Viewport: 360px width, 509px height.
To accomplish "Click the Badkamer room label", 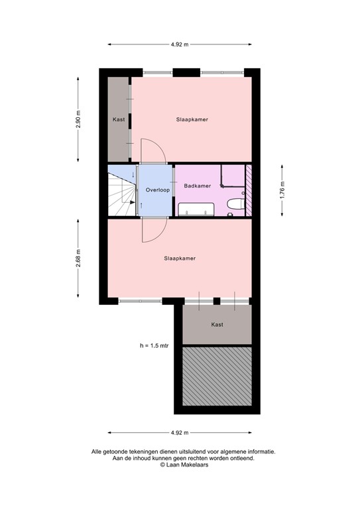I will click(x=198, y=186).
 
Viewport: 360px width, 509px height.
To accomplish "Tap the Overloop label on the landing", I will click(x=158, y=190).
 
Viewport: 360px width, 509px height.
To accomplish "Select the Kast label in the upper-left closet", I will click(x=119, y=120).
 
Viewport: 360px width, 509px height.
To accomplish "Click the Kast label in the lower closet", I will click(x=217, y=325).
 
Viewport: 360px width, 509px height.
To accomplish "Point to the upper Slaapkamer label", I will click(x=192, y=120).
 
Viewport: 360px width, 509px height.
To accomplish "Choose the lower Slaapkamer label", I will click(x=180, y=258).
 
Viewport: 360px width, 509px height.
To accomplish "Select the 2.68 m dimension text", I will click(x=78, y=256).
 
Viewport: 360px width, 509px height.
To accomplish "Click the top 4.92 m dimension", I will click(x=180, y=44).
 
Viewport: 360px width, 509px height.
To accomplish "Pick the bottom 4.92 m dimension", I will click(x=180, y=433).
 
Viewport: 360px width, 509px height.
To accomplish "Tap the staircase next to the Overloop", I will click(x=121, y=192).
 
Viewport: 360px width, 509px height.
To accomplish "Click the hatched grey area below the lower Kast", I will click(x=217, y=376).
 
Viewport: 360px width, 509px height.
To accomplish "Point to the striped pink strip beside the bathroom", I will click(x=249, y=190).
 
